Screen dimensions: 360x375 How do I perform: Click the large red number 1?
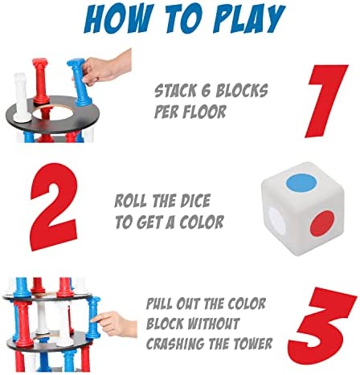coord(327,101)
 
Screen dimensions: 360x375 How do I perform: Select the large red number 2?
coord(55,207)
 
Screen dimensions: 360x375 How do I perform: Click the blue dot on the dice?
coord(301,182)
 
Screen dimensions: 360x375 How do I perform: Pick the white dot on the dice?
coord(277,222)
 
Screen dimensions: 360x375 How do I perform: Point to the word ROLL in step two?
coord(130,202)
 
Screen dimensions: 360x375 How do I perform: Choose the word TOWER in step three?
coord(251,343)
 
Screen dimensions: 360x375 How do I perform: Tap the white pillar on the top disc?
coord(21,97)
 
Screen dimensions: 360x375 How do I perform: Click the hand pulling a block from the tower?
coord(115,324)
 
